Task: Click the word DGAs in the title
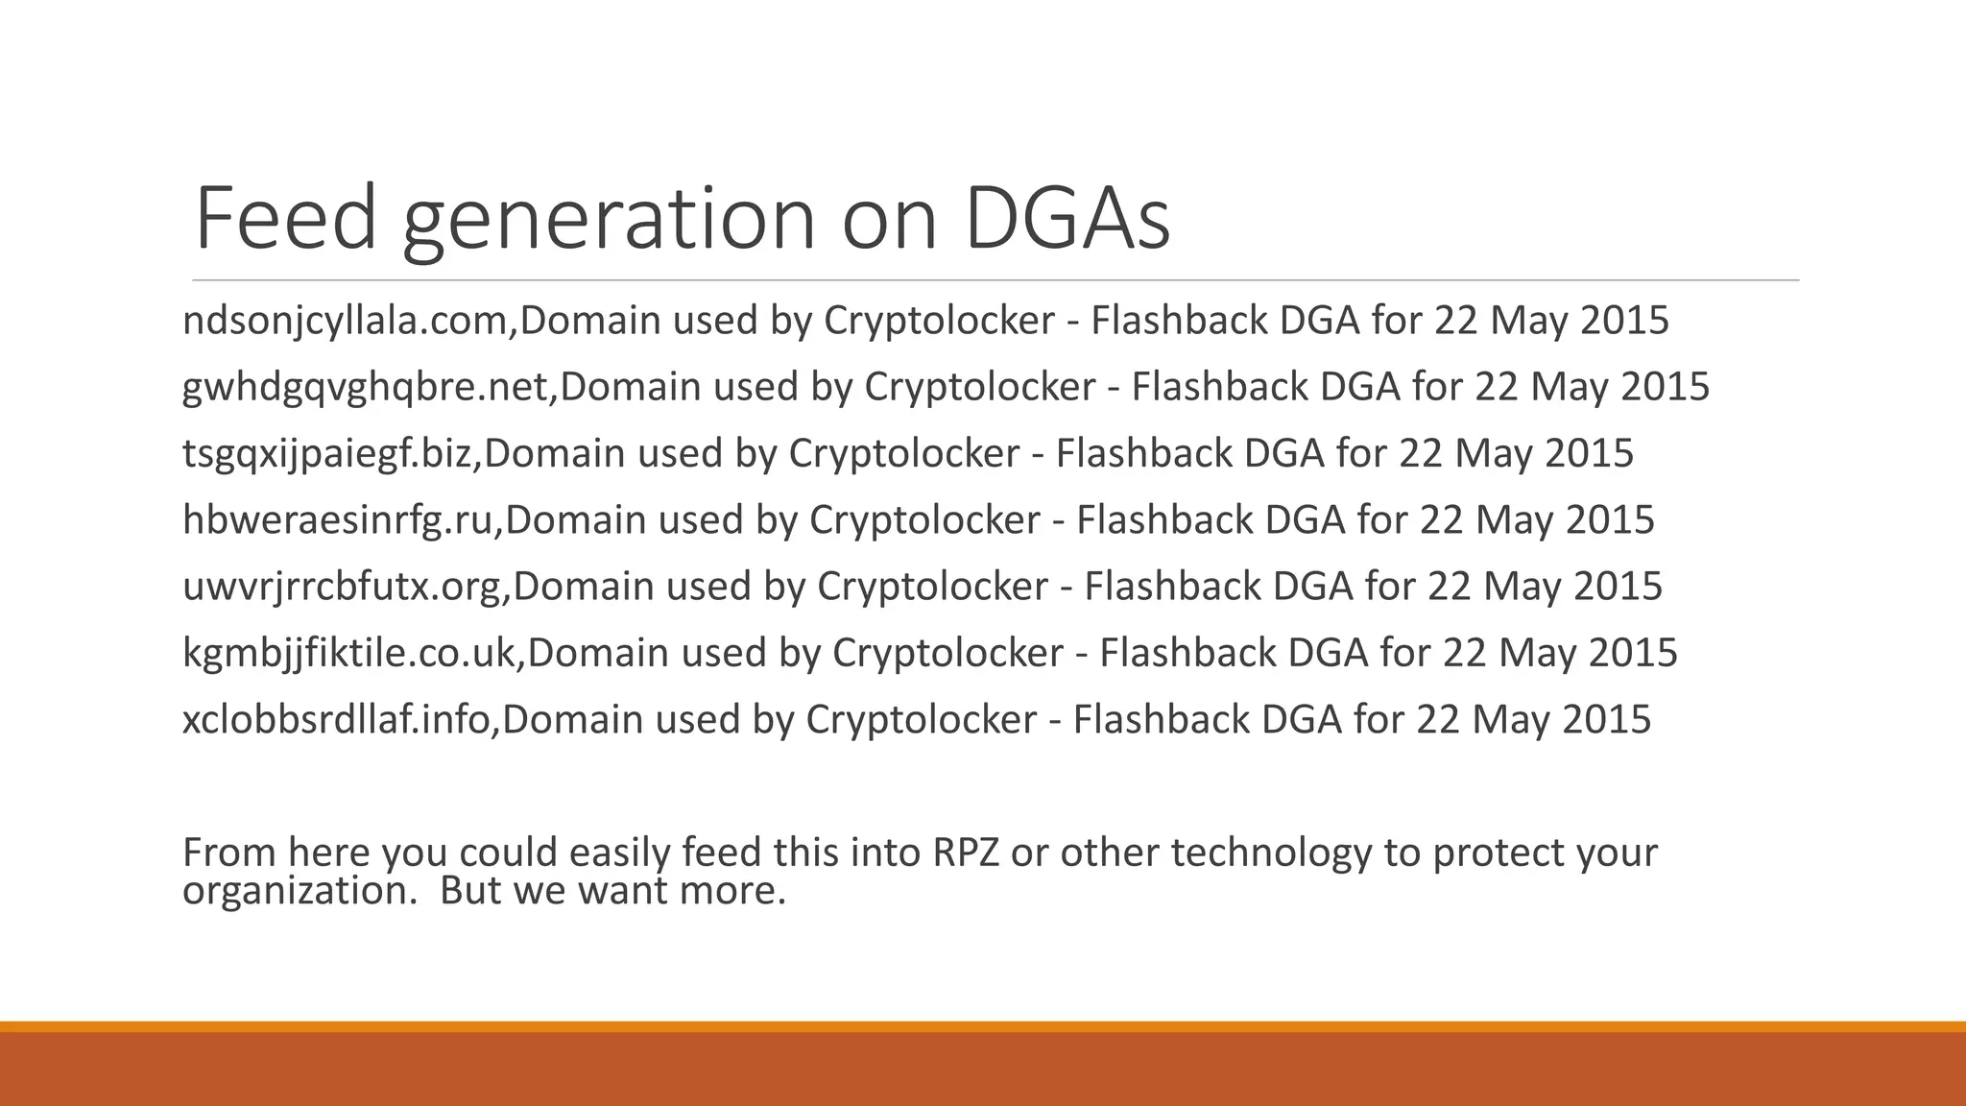[x=1067, y=220]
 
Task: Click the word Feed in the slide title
[x=285, y=220]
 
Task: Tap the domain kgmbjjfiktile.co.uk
[x=353, y=653]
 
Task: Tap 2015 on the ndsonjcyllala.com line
[x=1624, y=321]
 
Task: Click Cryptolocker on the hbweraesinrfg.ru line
[x=924, y=520]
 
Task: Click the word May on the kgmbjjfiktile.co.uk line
[x=1533, y=653]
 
